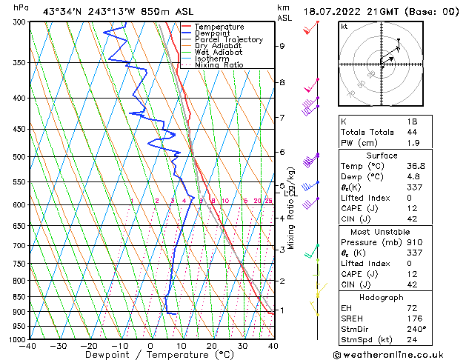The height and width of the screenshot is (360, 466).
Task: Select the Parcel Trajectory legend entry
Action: pos(228,40)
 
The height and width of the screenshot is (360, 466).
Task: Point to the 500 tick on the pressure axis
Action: pos(17,157)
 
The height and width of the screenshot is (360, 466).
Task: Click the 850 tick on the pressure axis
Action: pos(17,297)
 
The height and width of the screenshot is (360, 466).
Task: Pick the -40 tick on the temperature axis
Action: pos(28,346)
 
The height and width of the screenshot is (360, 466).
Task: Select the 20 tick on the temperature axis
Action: pos(212,346)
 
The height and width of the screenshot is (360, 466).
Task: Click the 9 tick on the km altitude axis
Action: pos(282,46)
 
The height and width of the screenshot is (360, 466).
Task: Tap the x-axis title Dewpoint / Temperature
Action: pos(150,356)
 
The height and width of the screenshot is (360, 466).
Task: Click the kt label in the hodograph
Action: pos(344,27)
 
